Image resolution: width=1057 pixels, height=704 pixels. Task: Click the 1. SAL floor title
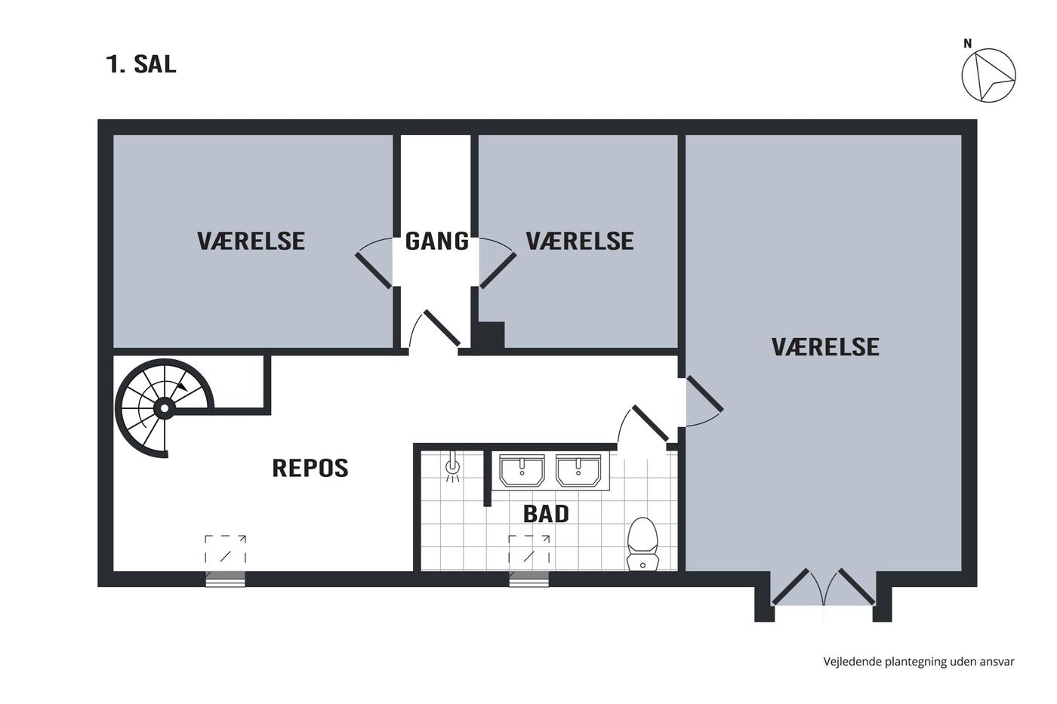pyautogui.click(x=141, y=64)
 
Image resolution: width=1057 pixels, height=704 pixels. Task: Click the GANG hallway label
pyautogui.click(x=437, y=241)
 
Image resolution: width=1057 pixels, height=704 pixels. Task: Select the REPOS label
pyautogui.click(x=310, y=468)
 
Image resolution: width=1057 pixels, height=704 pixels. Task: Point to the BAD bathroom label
pyautogui.click(x=546, y=514)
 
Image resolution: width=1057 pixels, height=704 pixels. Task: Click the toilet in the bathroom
pyautogui.click(x=643, y=544)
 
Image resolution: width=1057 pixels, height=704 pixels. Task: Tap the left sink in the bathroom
pyautogui.click(x=522, y=471)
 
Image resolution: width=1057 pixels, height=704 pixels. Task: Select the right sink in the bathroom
pyautogui.click(x=578, y=471)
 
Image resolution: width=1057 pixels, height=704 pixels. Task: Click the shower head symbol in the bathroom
pyautogui.click(x=452, y=468)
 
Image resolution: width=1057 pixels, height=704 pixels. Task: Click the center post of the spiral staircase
pyautogui.click(x=165, y=408)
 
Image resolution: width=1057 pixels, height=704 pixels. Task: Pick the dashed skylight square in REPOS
pyautogui.click(x=225, y=549)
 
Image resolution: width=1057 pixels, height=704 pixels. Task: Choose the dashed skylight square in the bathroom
pyautogui.click(x=529, y=549)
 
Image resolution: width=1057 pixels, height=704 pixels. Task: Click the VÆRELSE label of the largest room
pyautogui.click(x=825, y=346)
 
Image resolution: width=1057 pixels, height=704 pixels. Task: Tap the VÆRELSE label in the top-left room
pyautogui.click(x=251, y=241)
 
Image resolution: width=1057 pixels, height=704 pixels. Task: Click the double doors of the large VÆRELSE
pyautogui.click(x=824, y=587)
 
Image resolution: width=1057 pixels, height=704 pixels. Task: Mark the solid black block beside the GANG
pyautogui.click(x=489, y=336)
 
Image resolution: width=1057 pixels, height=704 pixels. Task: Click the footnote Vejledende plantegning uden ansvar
pyautogui.click(x=919, y=662)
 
